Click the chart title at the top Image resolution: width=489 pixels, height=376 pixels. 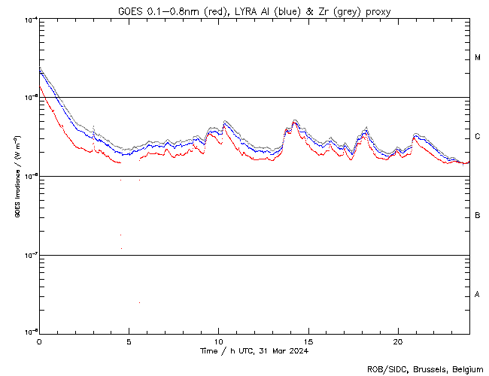[x=254, y=11]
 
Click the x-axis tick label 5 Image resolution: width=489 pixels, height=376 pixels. [x=129, y=341]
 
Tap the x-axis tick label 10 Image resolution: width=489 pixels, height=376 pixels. [x=218, y=341]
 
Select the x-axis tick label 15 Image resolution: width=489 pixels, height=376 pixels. [x=308, y=341]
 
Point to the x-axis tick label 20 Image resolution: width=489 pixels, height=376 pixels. [x=397, y=341]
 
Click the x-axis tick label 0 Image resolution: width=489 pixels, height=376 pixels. [x=39, y=341]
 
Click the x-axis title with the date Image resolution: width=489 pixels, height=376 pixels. [x=254, y=350]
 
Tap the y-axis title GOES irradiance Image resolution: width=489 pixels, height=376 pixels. [x=16, y=177]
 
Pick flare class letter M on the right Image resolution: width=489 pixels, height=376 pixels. [x=478, y=58]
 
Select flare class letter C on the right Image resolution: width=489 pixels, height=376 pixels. [x=478, y=137]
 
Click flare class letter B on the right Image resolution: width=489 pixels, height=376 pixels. [x=478, y=216]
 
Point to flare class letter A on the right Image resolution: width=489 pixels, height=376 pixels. [x=478, y=295]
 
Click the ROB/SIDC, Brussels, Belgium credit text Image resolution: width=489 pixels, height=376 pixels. [x=427, y=369]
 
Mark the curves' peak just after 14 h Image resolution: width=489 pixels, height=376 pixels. [x=295, y=120]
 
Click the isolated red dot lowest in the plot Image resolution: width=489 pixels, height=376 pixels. [x=139, y=302]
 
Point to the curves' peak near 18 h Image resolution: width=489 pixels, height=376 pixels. [x=366, y=129]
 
